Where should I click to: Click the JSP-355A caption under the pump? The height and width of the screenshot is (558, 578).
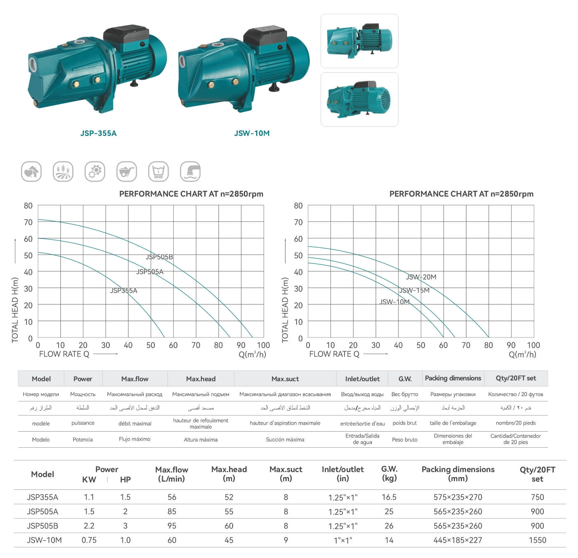(x=98, y=133)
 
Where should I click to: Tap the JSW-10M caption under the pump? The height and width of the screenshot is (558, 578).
(x=252, y=133)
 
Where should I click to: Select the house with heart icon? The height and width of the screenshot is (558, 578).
(x=31, y=171)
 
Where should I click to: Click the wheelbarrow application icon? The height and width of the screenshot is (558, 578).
(x=127, y=171)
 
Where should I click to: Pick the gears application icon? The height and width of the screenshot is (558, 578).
(x=95, y=171)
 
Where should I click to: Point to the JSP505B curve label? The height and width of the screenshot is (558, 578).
(x=159, y=257)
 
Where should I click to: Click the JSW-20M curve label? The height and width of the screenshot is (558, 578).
(x=421, y=277)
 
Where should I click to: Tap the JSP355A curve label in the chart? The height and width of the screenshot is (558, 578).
(x=123, y=290)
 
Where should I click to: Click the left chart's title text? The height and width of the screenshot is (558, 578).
(x=191, y=194)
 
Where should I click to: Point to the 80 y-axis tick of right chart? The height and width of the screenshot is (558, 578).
(x=298, y=206)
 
